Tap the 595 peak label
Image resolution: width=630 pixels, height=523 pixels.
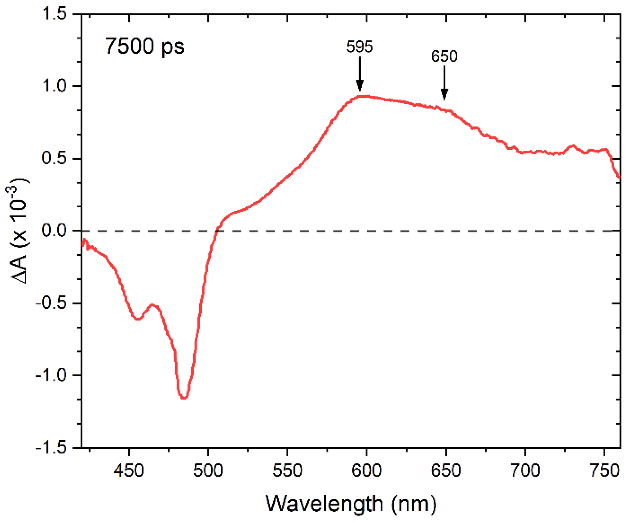(x=359, y=47)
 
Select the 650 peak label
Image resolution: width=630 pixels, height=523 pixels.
(x=444, y=56)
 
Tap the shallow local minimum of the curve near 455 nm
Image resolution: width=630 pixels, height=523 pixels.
(x=138, y=319)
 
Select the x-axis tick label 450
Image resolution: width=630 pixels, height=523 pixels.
(x=128, y=471)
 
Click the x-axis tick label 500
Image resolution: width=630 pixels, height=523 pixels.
(x=208, y=471)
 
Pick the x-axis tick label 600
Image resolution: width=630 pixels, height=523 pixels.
(x=366, y=471)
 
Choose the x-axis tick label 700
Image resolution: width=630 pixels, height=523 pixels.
(x=525, y=471)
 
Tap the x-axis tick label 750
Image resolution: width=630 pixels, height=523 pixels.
(x=604, y=471)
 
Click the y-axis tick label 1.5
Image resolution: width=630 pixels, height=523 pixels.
(x=54, y=14)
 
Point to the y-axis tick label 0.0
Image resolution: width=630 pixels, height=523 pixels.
(x=54, y=230)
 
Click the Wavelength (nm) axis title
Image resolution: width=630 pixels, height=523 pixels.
(x=351, y=504)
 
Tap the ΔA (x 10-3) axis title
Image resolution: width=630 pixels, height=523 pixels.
(x=18, y=230)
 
